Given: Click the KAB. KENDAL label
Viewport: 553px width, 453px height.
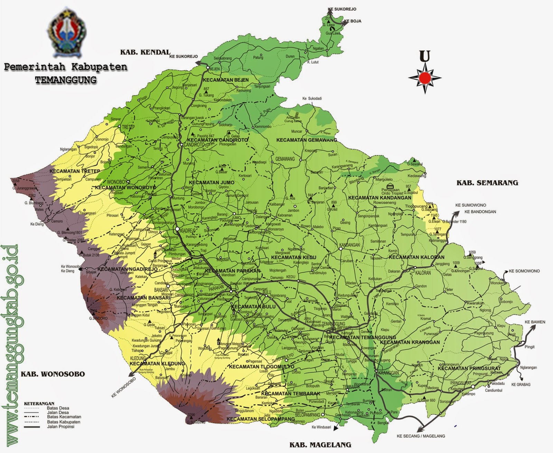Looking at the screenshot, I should tap(145, 52).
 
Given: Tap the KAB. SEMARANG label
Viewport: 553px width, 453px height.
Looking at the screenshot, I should tap(487, 183).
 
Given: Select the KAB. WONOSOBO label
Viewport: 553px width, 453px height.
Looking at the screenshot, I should tap(53, 374).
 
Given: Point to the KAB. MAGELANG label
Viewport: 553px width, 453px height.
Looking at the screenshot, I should tap(320, 445).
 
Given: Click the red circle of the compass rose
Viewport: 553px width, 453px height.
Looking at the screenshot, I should tap(424, 78).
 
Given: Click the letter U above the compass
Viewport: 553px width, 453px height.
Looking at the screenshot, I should tap(424, 56).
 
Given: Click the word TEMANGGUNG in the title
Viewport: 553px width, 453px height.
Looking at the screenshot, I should tap(66, 80).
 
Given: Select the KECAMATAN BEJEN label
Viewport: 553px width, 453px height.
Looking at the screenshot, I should tap(226, 80).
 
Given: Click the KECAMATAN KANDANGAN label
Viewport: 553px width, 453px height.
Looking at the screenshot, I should tap(379, 198).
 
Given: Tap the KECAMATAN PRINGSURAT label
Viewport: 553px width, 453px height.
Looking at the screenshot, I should tap(469, 368).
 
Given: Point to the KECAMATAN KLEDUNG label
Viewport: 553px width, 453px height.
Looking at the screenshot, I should tap(157, 364).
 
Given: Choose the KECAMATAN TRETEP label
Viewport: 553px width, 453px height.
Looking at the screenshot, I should tap(75, 171).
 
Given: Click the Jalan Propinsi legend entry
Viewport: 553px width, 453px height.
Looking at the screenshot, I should tap(60, 427).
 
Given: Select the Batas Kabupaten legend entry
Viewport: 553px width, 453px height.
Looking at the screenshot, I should tap(64, 422).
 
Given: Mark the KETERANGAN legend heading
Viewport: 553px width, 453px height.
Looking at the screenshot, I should tap(39, 403).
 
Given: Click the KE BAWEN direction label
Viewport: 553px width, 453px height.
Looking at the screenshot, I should tap(535, 322).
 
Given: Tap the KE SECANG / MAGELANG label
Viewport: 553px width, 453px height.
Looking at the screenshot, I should tap(421, 436).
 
